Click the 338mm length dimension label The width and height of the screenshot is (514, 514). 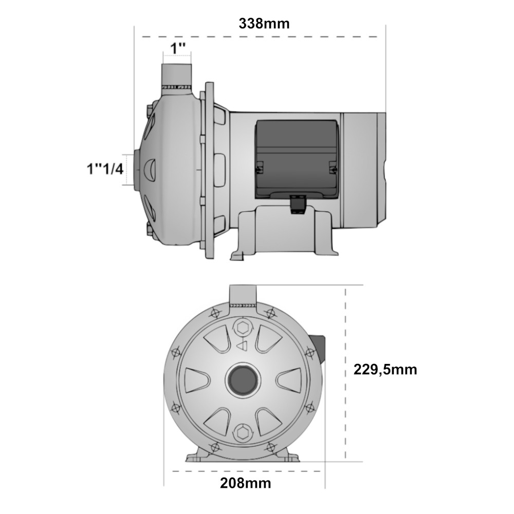coord(264,24)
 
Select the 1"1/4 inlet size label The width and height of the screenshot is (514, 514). coord(105,169)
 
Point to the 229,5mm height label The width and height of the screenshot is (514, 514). coord(385,370)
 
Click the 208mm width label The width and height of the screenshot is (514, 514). coord(246,483)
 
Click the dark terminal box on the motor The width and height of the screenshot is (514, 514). coord(297,159)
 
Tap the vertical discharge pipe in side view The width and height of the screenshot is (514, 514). coord(176,76)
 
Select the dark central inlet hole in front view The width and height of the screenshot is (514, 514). coord(243,379)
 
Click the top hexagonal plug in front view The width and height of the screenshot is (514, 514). coord(243,327)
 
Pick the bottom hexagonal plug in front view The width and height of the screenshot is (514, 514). coord(243,433)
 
